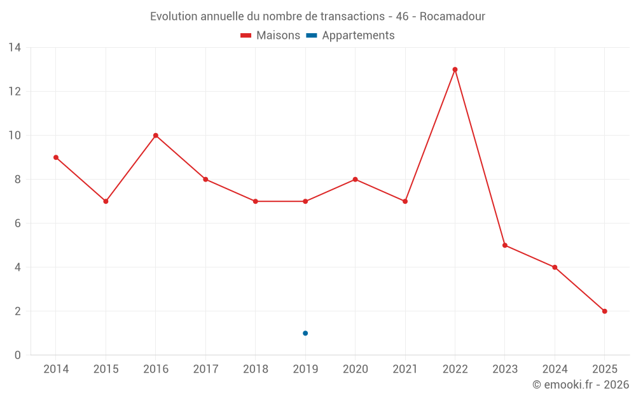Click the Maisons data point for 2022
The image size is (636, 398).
click(x=455, y=69)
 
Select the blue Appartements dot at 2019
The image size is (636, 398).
click(x=305, y=333)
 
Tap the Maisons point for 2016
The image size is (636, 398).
click(x=156, y=136)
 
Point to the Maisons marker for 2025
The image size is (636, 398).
click(x=604, y=311)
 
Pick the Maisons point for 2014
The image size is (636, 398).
click(x=56, y=157)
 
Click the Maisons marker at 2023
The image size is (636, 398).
click(x=505, y=245)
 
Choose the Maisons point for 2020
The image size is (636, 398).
click(x=355, y=180)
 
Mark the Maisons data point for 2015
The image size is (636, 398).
click(x=106, y=201)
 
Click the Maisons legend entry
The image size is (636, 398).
click(x=270, y=36)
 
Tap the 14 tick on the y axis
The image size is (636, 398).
click(x=15, y=48)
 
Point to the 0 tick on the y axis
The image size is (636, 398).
click(x=18, y=355)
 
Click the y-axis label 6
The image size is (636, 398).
click(x=18, y=224)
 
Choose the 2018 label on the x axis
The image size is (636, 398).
click(x=255, y=369)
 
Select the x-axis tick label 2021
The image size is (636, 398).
click(x=405, y=369)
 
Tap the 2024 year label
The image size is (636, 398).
click(x=555, y=369)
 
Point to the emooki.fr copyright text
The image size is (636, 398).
click(x=580, y=385)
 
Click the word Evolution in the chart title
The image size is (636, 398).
click(x=174, y=17)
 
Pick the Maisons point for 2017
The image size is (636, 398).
click(x=205, y=180)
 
